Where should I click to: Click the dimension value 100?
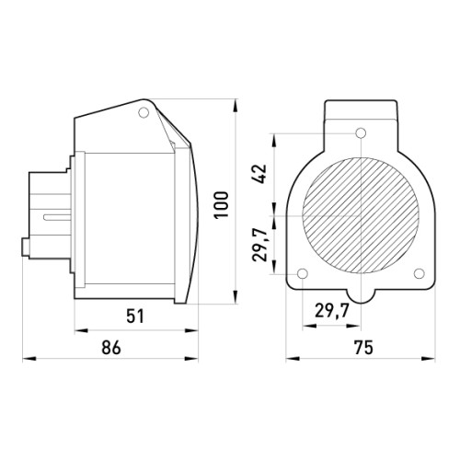(x=222, y=204)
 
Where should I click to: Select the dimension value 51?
(x=135, y=316)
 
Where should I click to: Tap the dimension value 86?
(x=111, y=348)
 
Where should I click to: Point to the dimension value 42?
(x=259, y=174)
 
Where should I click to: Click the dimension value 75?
(x=363, y=348)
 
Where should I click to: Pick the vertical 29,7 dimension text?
(x=259, y=245)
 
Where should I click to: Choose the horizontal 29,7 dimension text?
(x=332, y=312)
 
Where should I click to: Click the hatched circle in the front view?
(x=361, y=215)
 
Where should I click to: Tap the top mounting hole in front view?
(x=361, y=133)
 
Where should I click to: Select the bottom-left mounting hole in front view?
(x=303, y=273)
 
